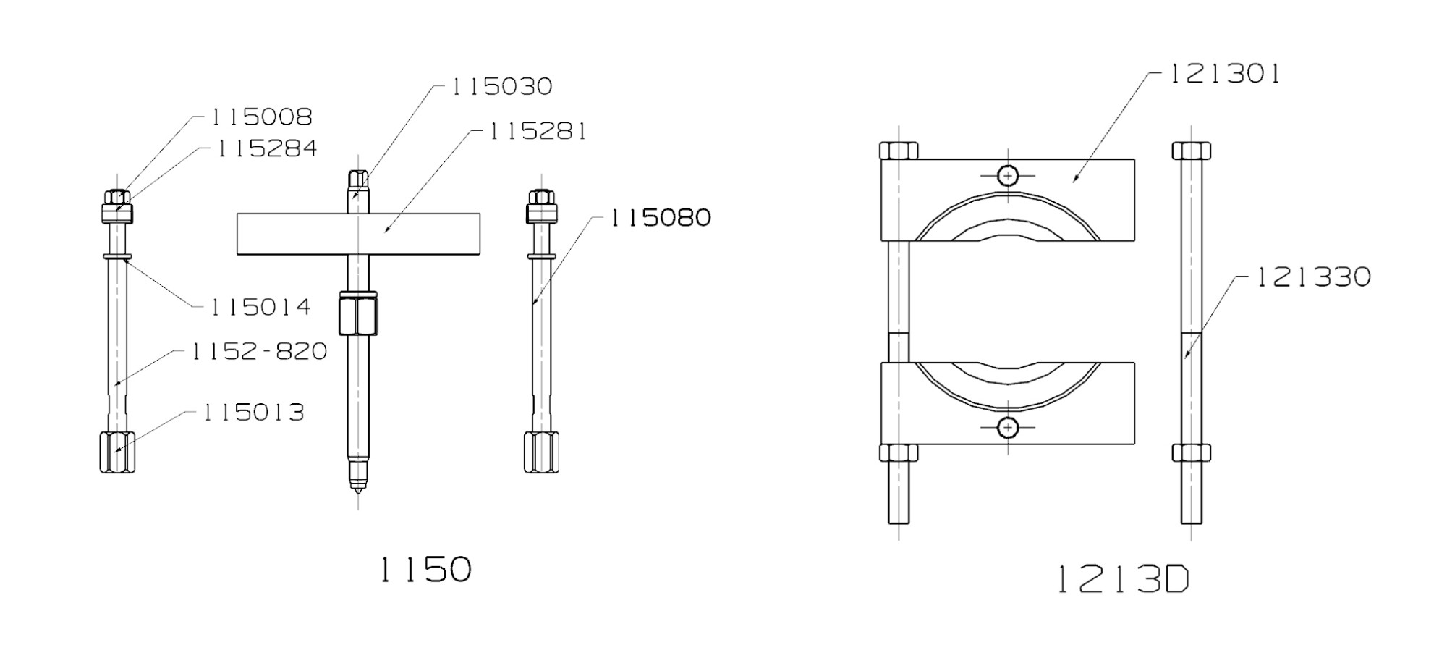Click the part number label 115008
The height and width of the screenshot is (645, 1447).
click(x=261, y=117)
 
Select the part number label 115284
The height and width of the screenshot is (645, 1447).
click(x=267, y=148)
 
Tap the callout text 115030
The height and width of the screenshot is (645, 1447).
click(x=501, y=87)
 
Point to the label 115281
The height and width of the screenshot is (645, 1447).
click(x=538, y=132)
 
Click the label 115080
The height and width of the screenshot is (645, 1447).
click(x=660, y=218)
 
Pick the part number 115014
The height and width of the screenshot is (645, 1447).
click(x=260, y=307)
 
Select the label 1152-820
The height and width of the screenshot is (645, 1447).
click(x=259, y=352)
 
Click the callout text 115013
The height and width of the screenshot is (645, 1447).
click(x=253, y=413)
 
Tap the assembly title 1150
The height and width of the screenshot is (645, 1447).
click(x=425, y=569)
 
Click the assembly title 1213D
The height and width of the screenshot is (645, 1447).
click(x=1123, y=579)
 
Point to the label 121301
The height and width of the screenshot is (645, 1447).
click(x=1226, y=74)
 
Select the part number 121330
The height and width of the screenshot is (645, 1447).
click(x=1312, y=277)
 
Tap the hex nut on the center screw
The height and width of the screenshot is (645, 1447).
click(x=358, y=314)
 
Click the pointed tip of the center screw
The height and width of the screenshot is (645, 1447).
click(x=357, y=488)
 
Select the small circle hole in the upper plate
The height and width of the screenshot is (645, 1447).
click(x=1007, y=175)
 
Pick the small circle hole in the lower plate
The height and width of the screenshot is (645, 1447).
click(x=1007, y=428)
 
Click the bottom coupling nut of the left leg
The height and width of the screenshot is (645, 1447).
click(x=117, y=452)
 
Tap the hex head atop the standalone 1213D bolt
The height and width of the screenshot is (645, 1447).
click(x=1191, y=151)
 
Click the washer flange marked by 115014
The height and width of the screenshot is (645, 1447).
click(x=117, y=256)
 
